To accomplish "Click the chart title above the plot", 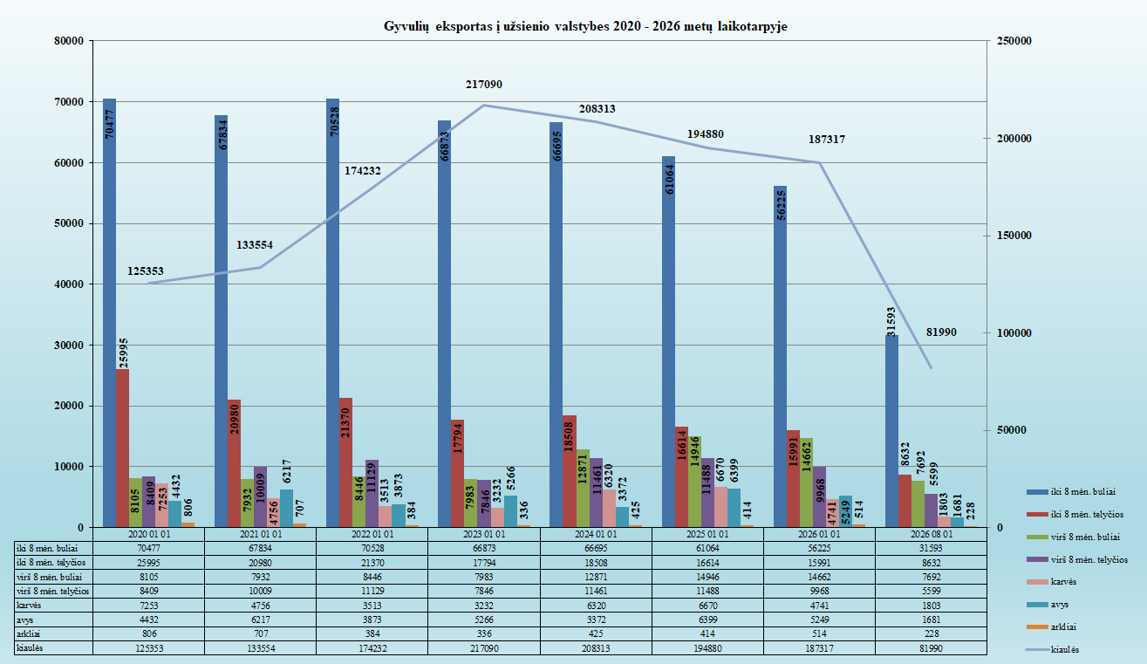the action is (585, 26).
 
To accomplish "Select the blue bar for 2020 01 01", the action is (110, 312).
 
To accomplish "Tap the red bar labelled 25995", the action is (122, 448).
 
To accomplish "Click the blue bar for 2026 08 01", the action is (892, 431).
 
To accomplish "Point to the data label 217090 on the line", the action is (484, 85).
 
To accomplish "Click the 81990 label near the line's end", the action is (941, 332).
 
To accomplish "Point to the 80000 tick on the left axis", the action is (69, 41).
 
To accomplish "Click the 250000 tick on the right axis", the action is (1014, 41).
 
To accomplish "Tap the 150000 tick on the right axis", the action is (1014, 236).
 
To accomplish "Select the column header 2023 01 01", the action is (484, 534).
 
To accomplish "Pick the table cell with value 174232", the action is (372, 648).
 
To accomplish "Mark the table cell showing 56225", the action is (819, 548).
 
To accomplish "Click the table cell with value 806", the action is (148, 633).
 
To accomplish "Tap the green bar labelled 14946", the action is (694, 482).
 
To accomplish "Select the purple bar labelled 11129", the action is (372, 493).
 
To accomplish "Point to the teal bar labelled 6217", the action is (286, 508).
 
